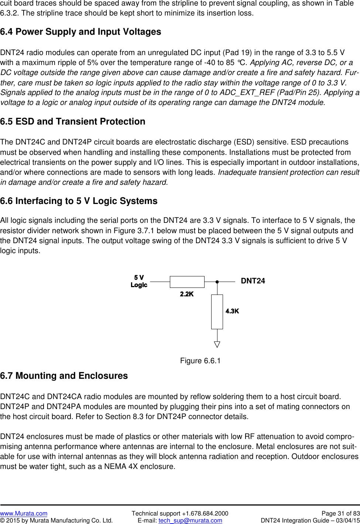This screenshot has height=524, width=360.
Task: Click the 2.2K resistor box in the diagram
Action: click(187, 282)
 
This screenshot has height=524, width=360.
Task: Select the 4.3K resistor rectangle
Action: click(217, 312)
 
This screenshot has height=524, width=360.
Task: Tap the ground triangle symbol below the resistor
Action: click(217, 344)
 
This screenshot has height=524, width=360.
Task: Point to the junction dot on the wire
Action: click(217, 282)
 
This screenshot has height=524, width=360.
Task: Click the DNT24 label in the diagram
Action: click(253, 281)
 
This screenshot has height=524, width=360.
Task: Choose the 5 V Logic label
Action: click(139, 281)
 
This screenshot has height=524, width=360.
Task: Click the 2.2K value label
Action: click(187, 294)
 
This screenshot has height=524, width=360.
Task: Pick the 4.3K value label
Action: click(232, 311)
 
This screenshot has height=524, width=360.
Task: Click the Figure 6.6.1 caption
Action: click(200, 361)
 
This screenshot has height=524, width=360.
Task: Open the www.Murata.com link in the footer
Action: click(24, 513)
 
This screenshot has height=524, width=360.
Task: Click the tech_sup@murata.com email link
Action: click(190, 520)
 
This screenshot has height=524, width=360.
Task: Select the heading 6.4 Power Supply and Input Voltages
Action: click(80, 32)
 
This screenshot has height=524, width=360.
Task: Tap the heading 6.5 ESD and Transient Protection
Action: click(73, 122)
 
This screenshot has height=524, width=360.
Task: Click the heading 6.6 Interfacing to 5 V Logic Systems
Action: click(79, 201)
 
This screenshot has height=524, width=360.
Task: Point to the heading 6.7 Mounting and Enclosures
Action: click(64, 376)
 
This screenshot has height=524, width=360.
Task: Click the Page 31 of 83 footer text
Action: click(340, 513)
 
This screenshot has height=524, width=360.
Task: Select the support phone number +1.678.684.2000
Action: click(205, 513)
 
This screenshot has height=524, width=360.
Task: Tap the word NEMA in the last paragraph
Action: click(115, 466)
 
